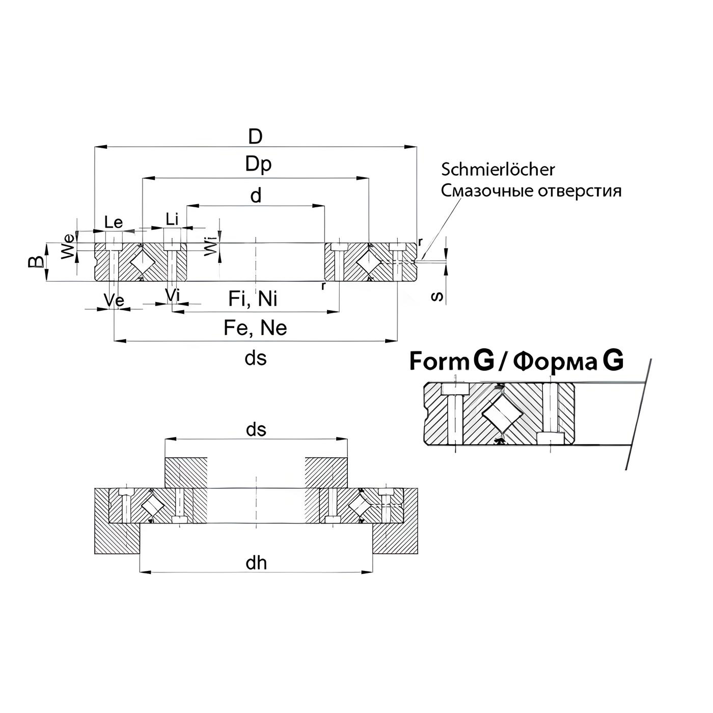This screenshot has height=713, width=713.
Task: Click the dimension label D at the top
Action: (x=255, y=136)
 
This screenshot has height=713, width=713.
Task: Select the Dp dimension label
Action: (x=258, y=164)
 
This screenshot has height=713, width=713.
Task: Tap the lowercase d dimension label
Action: (x=256, y=195)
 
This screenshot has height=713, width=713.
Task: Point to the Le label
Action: (x=114, y=222)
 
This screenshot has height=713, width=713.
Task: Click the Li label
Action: (x=172, y=220)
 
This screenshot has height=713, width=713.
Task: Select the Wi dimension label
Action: (x=210, y=244)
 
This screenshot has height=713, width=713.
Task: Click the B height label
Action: (x=36, y=262)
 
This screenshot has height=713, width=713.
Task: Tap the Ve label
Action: (x=114, y=300)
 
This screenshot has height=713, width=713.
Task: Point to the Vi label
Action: (x=173, y=295)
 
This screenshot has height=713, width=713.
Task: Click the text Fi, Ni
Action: (x=253, y=298)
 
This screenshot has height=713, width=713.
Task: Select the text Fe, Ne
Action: (x=255, y=328)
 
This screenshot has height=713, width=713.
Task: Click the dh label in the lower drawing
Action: (x=256, y=563)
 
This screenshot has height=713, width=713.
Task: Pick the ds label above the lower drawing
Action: (x=256, y=429)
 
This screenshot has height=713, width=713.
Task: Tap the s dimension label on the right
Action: (x=437, y=296)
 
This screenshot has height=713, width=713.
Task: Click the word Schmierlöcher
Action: (x=498, y=170)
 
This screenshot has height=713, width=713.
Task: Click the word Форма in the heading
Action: (x=556, y=363)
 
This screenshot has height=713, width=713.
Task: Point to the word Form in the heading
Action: (x=439, y=361)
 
